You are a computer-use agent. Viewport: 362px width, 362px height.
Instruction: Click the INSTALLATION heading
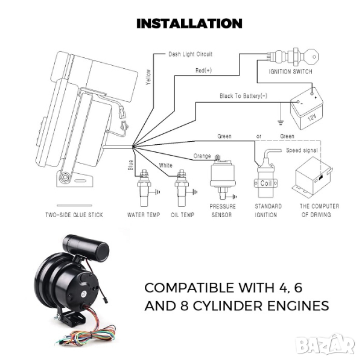(189, 24)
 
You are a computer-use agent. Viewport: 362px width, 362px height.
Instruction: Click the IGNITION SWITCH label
(290, 72)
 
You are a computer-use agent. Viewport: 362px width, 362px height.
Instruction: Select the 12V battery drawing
(306, 109)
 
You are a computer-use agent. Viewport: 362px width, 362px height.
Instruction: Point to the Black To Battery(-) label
(243, 96)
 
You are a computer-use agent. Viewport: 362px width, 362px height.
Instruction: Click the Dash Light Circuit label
(190, 54)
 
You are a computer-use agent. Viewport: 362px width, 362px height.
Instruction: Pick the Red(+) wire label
(203, 70)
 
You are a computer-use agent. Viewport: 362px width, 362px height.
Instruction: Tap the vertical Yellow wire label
(148, 77)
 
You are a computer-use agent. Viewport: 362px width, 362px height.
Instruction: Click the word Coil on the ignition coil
(266, 183)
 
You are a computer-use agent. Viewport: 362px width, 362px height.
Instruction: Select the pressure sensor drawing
(223, 177)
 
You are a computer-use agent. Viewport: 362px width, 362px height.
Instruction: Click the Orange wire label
(202, 156)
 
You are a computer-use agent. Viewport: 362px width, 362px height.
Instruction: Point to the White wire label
(165, 165)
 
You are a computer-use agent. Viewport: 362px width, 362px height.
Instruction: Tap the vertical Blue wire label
(130, 165)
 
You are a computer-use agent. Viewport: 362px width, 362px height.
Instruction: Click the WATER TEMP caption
(144, 215)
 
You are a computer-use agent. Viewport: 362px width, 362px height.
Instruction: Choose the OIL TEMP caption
(183, 215)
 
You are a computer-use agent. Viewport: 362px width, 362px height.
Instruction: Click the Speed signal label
(302, 150)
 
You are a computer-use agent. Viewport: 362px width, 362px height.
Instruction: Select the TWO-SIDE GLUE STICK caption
(74, 215)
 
